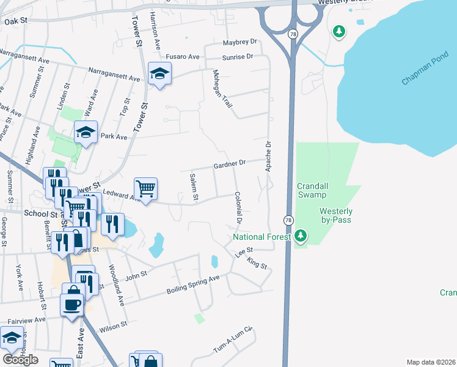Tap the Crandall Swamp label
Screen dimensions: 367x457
point(313,190)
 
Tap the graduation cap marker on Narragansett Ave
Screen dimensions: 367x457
point(159,75)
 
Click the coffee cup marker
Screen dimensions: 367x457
point(71,304)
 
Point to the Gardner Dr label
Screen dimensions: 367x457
point(229,164)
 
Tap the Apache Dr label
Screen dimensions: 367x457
point(268,155)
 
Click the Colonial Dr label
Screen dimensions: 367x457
point(239,207)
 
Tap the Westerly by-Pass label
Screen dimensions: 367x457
point(336,215)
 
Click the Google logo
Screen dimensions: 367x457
point(20,359)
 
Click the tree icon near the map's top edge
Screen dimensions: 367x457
point(338,31)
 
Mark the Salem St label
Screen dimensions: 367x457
point(194,186)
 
